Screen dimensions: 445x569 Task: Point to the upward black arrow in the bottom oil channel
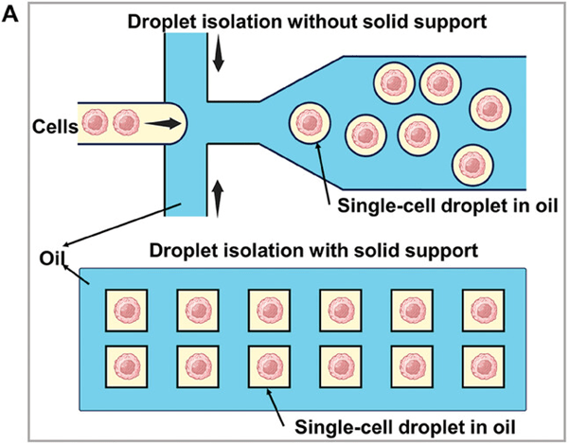220,196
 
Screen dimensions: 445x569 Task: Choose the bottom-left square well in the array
125,364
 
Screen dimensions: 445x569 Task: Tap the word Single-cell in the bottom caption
337,426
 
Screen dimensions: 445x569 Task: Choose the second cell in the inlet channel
127,123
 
